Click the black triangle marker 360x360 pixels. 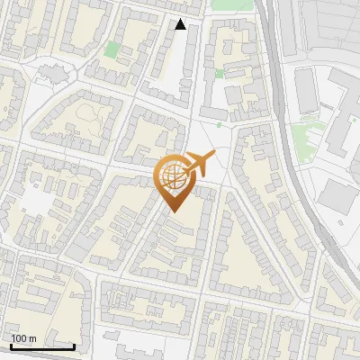[x=181, y=24]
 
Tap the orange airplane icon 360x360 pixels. [x=200, y=164]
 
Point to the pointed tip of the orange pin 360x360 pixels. [x=174, y=212]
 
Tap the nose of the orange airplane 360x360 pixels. [x=214, y=155]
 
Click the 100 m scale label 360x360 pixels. [x=23, y=338]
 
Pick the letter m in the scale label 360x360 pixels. [x=31, y=338]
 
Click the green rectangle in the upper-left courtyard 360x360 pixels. [x=111, y=49]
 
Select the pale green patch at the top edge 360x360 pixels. [x=220, y=4]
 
